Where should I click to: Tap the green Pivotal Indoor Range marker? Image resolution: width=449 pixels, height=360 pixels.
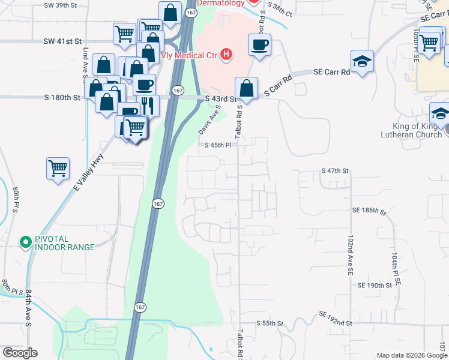click(x=26, y=242)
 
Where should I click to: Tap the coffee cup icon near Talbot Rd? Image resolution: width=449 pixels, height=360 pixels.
click(x=259, y=45)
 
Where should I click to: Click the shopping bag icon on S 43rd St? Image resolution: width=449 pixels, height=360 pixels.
click(x=246, y=89)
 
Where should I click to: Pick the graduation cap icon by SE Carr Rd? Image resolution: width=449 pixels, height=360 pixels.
click(x=362, y=62)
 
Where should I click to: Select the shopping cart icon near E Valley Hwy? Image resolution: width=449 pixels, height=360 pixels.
click(x=58, y=169)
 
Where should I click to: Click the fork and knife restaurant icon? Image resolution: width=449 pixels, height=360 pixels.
click(x=148, y=106)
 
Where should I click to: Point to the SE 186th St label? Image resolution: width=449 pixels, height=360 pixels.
click(x=369, y=211)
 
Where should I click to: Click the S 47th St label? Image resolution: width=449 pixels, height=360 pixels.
click(x=335, y=171)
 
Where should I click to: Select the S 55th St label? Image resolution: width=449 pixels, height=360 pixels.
click(x=270, y=323)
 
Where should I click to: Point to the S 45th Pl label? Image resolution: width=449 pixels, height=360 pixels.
click(x=217, y=145)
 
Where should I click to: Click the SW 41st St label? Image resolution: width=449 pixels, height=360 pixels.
click(x=62, y=41)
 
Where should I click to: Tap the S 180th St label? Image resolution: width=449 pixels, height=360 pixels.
click(x=62, y=97)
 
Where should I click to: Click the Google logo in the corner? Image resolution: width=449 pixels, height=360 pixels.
click(x=20, y=353)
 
